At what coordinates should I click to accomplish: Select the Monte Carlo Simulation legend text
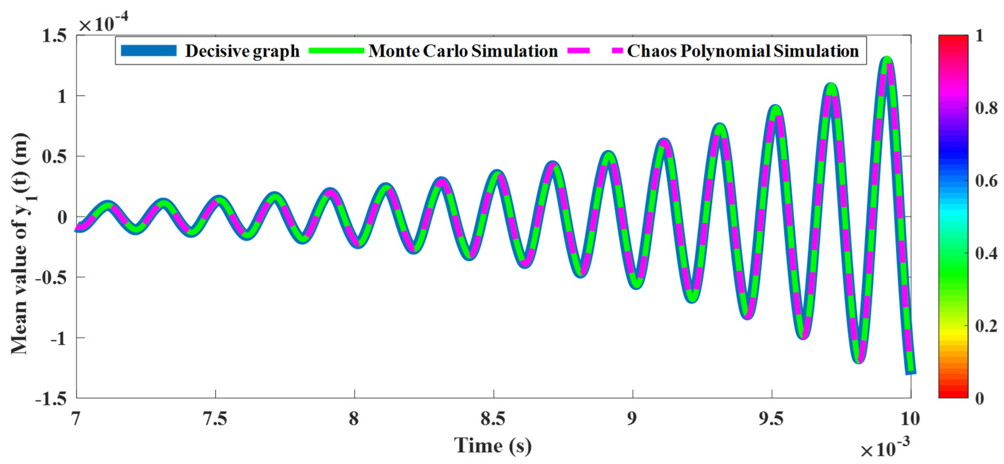[463, 51]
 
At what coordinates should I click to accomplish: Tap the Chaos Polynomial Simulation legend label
[743, 51]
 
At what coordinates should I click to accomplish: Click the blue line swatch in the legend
[148, 51]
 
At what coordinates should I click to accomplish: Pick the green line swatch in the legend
[336, 51]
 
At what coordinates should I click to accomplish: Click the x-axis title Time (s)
[493, 446]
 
